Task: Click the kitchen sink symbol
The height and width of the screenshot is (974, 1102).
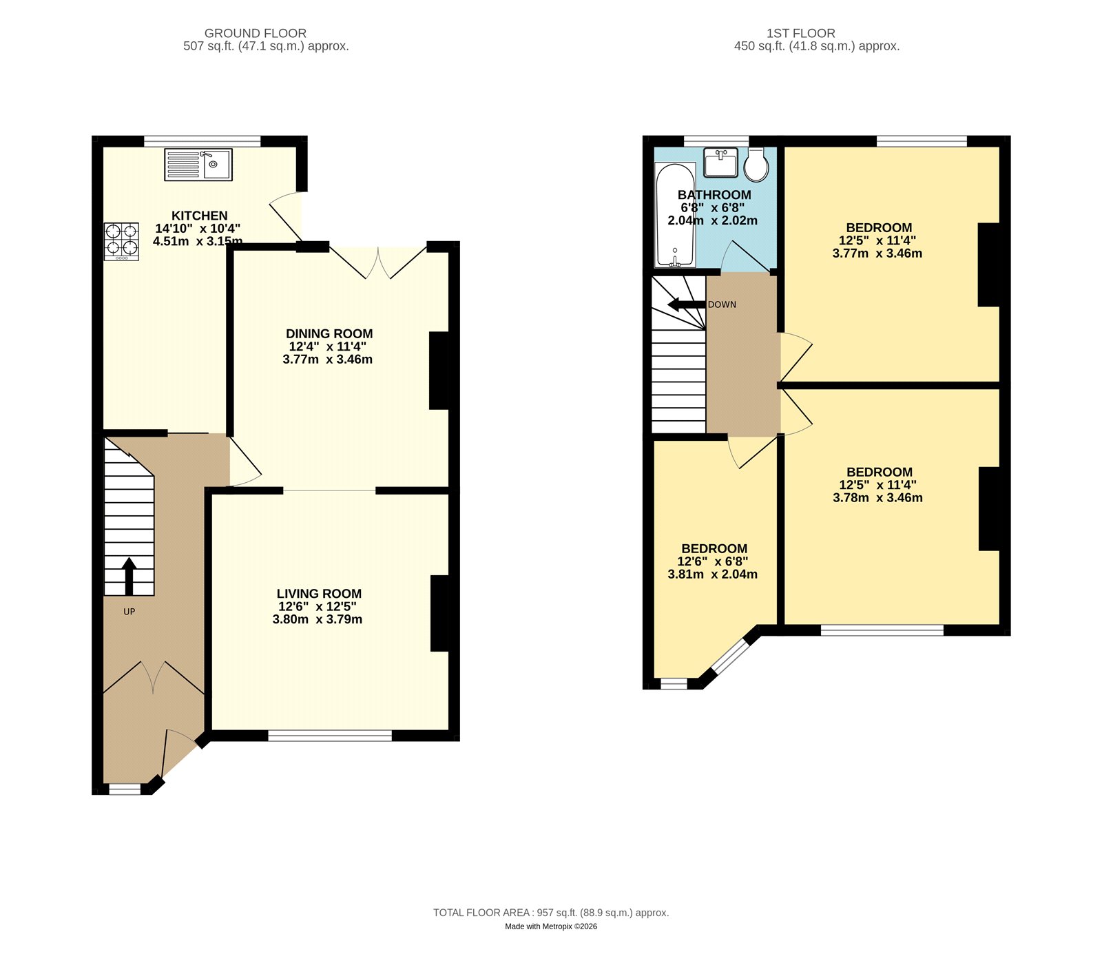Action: coord(198,165)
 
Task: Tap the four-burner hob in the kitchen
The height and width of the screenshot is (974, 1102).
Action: coord(121,240)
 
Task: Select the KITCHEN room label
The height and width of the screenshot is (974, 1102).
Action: coord(199,216)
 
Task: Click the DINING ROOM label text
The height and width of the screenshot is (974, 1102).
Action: coord(329,333)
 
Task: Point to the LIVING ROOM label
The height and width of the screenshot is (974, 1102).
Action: coord(319,594)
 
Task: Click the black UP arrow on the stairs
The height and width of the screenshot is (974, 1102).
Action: coord(129,576)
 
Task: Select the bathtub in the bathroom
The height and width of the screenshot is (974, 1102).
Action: coord(675,215)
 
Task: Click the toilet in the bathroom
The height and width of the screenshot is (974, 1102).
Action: coord(756,164)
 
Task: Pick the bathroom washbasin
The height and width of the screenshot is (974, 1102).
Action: coord(720,162)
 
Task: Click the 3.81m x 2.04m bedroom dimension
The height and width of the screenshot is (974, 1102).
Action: coord(712,574)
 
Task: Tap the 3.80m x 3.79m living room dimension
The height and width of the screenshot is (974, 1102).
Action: coord(317,619)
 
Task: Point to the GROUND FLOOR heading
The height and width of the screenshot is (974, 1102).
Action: coord(256,33)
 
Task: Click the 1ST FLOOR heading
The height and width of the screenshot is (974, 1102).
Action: coord(800,33)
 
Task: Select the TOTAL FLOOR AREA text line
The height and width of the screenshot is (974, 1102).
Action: coord(550,913)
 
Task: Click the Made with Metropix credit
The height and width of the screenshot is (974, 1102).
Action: coord(550,926)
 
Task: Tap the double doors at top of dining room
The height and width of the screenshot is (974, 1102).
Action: coord(378,262)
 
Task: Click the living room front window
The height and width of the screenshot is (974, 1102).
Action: coord(329,736)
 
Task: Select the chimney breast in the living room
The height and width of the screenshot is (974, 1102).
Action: coord(440,613)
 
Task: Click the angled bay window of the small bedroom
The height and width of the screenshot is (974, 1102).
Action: coord(729,655)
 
